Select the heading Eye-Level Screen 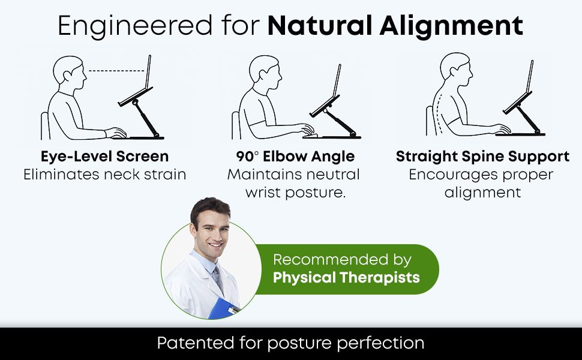click(x=104, y=157)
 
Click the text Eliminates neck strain click(x=104, y=175)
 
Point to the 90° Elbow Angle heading click(x=295, y=157)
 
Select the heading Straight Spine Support click(x=482, y=157)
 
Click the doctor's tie click(x=215, y=279)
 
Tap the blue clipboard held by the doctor click(x=224, y=308)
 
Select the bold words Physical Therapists click(x=346, y=278)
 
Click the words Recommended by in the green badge click(x=342, y=260)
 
